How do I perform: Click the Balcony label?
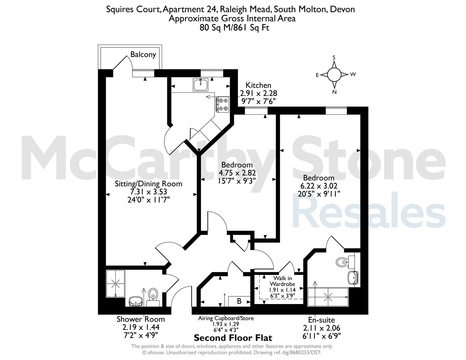click(143, 54)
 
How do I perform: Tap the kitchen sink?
click(201, 84)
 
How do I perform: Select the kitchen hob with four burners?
click(223, 104)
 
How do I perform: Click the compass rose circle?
click(334, 75)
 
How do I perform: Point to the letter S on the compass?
click(334, 57)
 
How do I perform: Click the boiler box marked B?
click(239, 301)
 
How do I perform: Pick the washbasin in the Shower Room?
click(136, 301)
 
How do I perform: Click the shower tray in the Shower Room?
click(115, 283)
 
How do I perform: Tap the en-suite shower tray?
click(328, 297)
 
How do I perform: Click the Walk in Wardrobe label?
click(282, 281)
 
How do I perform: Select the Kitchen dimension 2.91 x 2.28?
click(258, 93)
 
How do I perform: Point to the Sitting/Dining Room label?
click(148, 184)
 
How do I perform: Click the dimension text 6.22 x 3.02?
click(319, 186)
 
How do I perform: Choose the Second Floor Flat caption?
click(233, 338)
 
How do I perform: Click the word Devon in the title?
click(342, 9)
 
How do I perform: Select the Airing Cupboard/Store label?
click(226, 318)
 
